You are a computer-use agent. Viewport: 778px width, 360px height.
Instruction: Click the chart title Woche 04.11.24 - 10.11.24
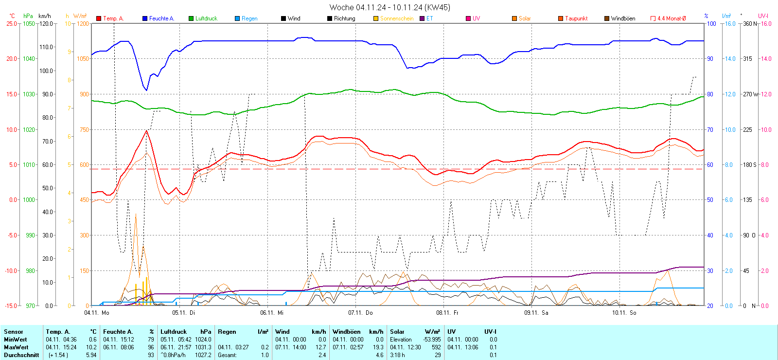click(389, 7)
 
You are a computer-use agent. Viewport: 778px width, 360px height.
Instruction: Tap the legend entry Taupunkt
click(576, 18)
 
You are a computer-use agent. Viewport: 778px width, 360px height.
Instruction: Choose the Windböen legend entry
click(623, 18)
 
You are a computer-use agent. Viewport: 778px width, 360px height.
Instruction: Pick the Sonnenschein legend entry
click(396, 18)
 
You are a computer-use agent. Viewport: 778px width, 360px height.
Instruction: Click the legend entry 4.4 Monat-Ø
click(671, 18)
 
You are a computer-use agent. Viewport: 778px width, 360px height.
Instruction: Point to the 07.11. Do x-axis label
click(360, 313)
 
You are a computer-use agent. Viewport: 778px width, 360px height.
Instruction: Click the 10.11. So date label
click(624, 313)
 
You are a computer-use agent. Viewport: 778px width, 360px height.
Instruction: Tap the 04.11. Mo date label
click(97, 313)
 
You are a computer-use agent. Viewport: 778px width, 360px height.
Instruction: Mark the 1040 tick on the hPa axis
click(29, 59)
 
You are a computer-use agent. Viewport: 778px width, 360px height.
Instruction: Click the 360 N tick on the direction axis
click(750, 23)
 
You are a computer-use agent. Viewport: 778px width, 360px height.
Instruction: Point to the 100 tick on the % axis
click(711, 23)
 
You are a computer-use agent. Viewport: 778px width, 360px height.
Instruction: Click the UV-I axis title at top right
click(763, 16)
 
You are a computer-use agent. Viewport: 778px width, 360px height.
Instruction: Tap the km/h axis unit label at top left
click(44, 16)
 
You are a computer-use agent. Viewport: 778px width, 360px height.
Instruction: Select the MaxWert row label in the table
click(16, 347)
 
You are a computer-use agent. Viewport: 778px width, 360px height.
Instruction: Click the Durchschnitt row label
click(21, 355)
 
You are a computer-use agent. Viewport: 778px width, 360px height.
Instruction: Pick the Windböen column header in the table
click(347, 332)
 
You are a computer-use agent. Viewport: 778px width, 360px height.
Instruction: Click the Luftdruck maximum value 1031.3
click(203, 347)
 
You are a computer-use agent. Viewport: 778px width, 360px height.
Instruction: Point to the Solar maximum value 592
click(436, 347)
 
